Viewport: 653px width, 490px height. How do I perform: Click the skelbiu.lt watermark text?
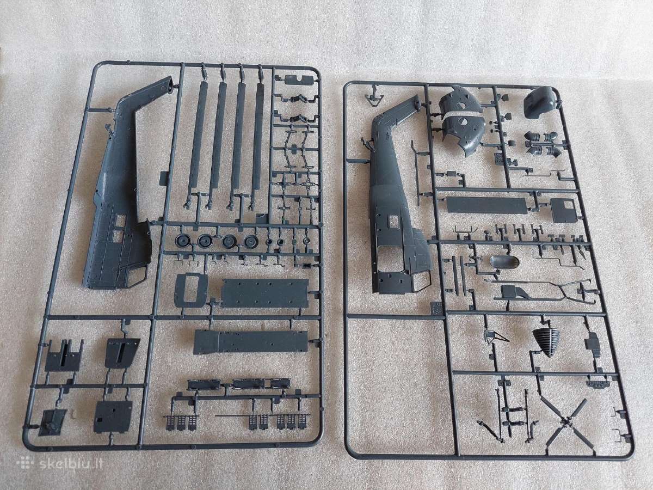point(71,464)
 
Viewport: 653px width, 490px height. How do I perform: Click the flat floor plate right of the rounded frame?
point(265,293)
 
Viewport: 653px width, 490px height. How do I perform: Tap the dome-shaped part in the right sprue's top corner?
point(540,102)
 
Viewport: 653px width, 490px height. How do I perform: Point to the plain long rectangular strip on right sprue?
point(486,205)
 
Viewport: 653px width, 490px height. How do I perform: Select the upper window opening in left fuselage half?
point(121,220)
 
